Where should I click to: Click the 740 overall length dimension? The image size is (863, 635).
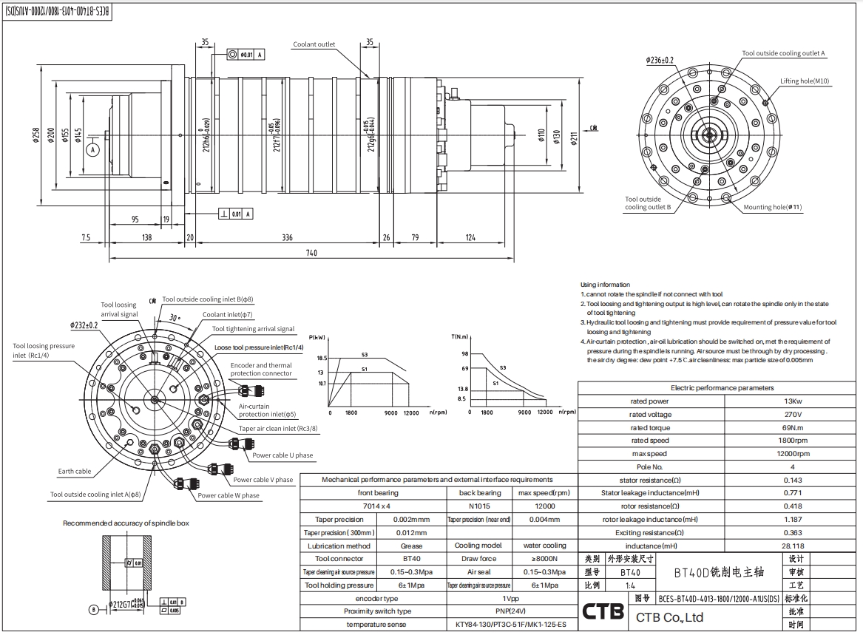click(311, 253)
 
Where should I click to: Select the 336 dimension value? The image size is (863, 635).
click(287, 237)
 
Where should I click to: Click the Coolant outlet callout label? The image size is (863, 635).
click(314, 44)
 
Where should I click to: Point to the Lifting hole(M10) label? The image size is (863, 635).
click(805, 81)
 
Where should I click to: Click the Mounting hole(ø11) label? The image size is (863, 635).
click(772, 207)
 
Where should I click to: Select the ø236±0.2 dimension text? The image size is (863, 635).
click(660, 60)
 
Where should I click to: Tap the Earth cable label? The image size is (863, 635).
click(75, 471)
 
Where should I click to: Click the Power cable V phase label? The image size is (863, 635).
click(263, 480)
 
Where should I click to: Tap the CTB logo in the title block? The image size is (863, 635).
click(603, 612)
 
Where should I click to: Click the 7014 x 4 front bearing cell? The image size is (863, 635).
click(377, 506)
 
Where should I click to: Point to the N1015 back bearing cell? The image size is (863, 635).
click(479, 506)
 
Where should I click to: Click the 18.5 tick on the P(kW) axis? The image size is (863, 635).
click(322, 358)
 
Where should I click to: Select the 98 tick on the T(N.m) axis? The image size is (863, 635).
click(464, 354)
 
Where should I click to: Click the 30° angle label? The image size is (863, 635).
click(175, 317)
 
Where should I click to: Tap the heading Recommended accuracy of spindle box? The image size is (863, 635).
click(126, 523)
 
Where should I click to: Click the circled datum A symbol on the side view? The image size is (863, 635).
click(93, 149)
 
